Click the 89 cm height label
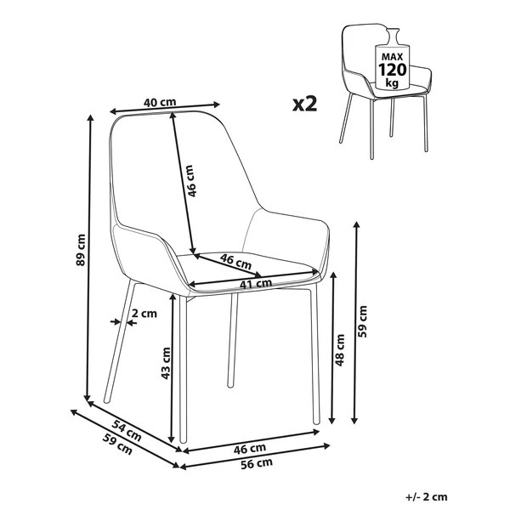click(81, 250)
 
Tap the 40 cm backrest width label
click(160, 102)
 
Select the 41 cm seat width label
click(256, 284)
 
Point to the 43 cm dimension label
click(166, 363)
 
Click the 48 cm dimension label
click(339, 350)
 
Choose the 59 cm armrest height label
click(362, 321)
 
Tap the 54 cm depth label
click(127, 430)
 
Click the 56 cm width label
click(257, 463)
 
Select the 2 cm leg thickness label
click(144, 314)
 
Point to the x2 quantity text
click(304, 104)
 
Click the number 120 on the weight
click(392, 70)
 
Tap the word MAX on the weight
click(392, 57)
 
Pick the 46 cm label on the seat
click(235, 262)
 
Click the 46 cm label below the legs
click(249, 449)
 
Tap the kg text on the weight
click(392, 82)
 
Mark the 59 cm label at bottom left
click(117, 445)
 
